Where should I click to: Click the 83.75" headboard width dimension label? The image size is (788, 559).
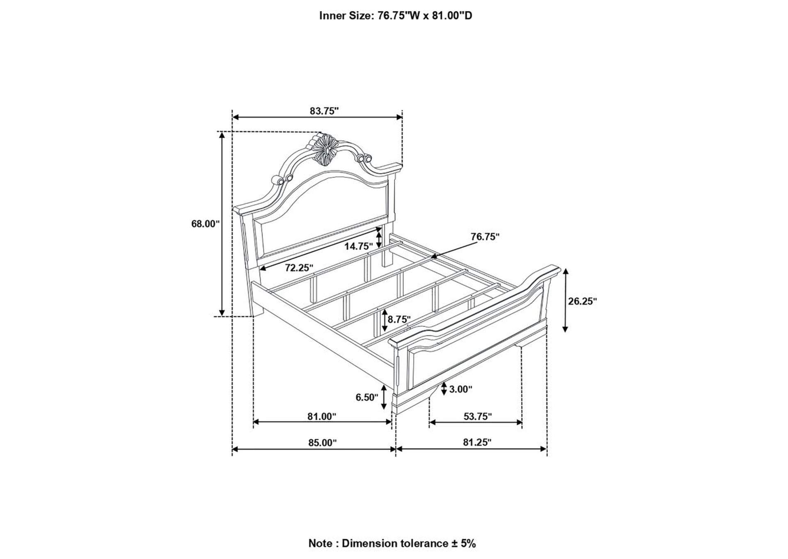(x=324, y=111)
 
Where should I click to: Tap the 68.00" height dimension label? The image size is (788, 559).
(x=206, y=224)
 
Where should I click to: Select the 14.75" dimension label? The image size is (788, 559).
(x=358, y=246)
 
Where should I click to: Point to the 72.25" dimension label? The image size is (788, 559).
(x=299, y=268)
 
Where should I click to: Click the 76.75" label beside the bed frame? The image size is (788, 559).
(x=485, y=237)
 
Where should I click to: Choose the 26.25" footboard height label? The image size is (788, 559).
(x=582, y=301)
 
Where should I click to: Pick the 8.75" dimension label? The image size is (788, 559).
(x=399, y=320)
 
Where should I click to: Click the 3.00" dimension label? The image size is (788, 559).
(x=460, y=389)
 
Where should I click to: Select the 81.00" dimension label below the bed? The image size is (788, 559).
(x=322, y=416)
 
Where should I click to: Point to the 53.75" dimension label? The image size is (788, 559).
(x=478, y=416)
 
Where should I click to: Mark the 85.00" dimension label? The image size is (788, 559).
(x=322, y=443)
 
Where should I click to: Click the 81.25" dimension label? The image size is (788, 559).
(x=477, y=442)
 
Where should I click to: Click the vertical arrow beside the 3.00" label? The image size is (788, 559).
(x=444, y=389)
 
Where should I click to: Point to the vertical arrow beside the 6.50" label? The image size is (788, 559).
(x=384, y=397)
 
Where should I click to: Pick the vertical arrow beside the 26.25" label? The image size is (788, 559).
(x=565, y=300)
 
